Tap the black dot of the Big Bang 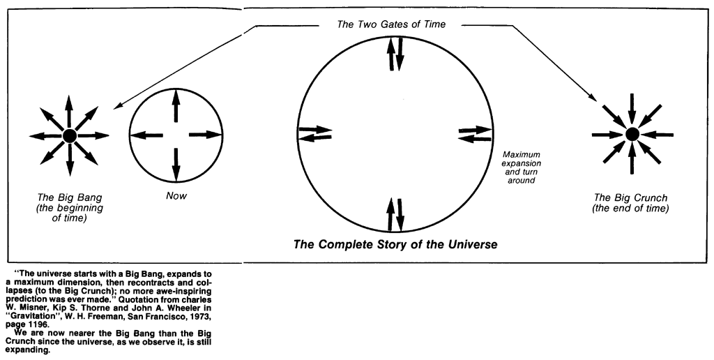[x=70, y=135]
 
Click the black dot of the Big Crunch [x=632, y=133]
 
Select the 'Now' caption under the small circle [x=176, y=196]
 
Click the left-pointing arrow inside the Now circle [x=146, y=135]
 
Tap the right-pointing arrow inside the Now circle [x=205, y=135]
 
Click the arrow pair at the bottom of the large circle [x=396, y=214]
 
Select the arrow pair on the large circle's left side [x=315, y=133]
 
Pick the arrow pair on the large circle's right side [x=476, y=133]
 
